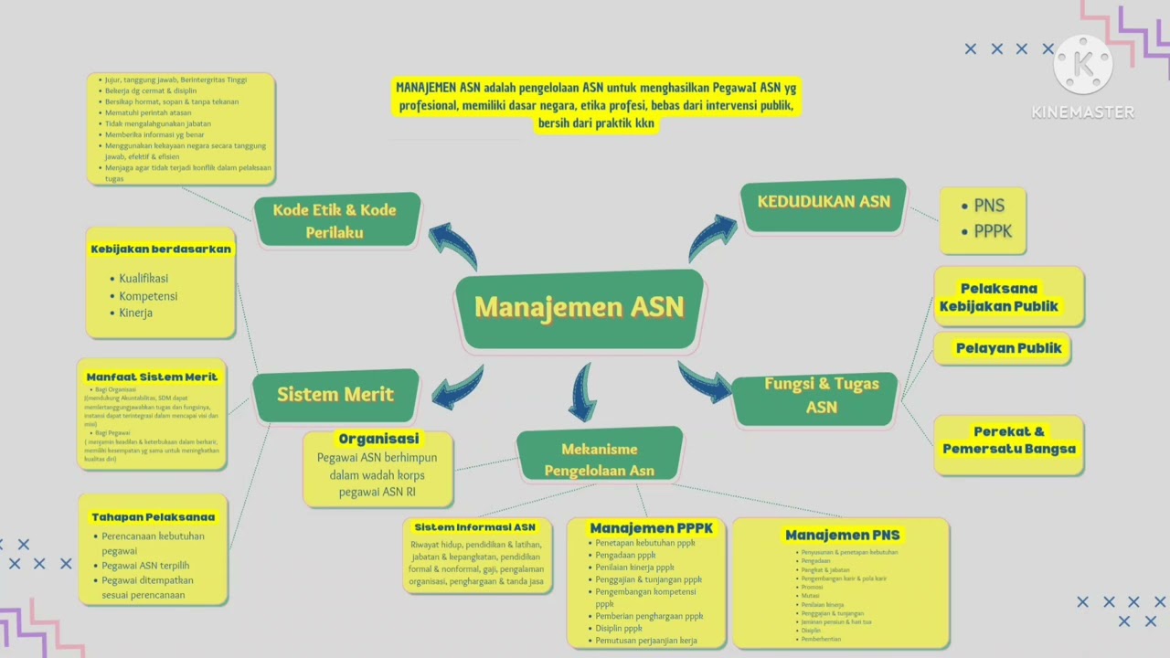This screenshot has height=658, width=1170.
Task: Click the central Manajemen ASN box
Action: [580, 307]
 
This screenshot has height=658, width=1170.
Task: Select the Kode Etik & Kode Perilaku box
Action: [335, 220]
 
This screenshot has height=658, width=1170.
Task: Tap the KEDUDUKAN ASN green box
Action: [823, 203]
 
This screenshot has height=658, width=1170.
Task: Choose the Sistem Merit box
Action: [335, 395]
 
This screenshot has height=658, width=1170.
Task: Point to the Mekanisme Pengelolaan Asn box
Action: [600, 459]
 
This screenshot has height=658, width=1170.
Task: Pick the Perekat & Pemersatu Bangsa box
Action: [1008, 440]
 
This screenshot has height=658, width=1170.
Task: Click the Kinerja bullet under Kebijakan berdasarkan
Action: [135, 313]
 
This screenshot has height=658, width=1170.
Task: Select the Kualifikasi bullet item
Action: [144, 278]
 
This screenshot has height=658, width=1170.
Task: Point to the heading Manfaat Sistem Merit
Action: [152, 377]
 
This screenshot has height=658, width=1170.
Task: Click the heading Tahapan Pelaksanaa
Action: [153, 516]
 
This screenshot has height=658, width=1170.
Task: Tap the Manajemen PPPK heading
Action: [651, 528]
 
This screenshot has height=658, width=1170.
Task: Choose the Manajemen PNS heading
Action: [842, 535]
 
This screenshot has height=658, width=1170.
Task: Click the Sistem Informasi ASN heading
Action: [474, 527]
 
